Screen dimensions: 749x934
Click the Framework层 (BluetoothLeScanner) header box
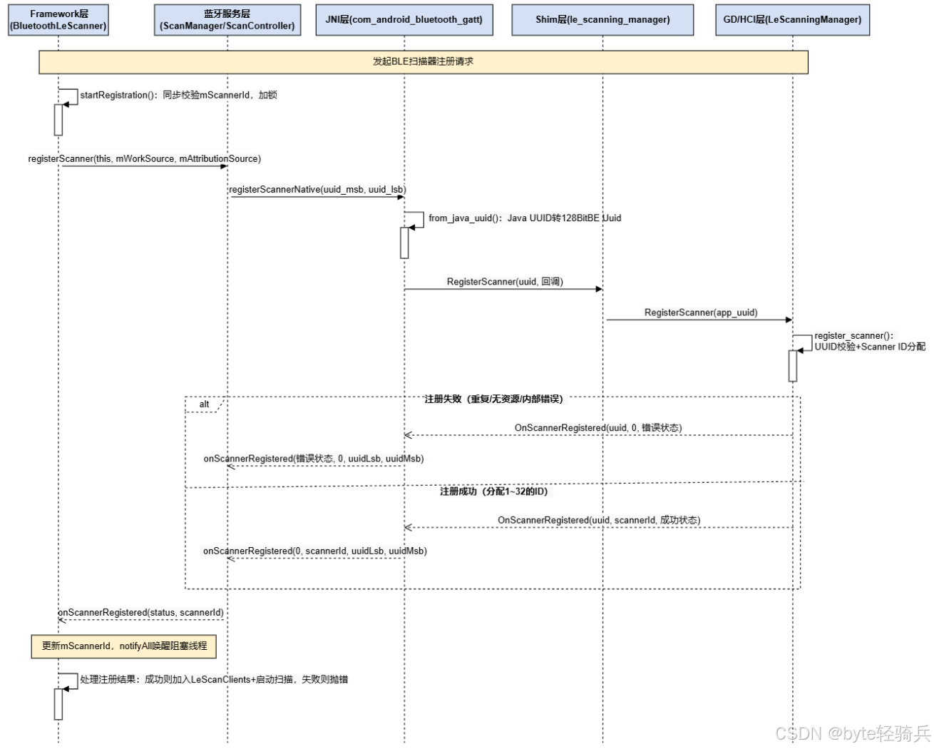[58, 20]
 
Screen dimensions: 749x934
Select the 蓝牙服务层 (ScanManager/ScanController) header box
[227, 20]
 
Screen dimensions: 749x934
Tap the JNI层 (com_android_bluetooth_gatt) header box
[404, 20]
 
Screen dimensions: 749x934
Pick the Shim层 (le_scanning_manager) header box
[602, 20]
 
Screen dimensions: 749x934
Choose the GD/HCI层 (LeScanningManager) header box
[792, 20]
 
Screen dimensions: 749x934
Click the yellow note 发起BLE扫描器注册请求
[423, 62]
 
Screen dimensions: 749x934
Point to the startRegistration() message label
[178, 95]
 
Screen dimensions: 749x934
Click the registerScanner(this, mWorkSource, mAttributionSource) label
[145, 158]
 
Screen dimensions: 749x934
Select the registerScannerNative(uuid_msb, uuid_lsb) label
[317, 190]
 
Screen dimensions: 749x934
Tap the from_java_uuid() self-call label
[525, 218]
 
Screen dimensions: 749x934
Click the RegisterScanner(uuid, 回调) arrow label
[505, 282]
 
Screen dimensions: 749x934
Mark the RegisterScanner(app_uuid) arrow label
[701, 312]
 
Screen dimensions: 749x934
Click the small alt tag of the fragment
[204, 404]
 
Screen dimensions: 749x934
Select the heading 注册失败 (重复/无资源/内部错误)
[493, 399]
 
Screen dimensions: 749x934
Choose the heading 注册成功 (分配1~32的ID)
[493, 491]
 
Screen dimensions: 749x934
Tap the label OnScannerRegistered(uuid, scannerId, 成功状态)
[599, 520]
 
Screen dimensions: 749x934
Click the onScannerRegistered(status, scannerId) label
[140, 613]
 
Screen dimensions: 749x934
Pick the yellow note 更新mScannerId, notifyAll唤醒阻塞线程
[124, 646]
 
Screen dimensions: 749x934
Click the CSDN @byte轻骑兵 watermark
[853, 733]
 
